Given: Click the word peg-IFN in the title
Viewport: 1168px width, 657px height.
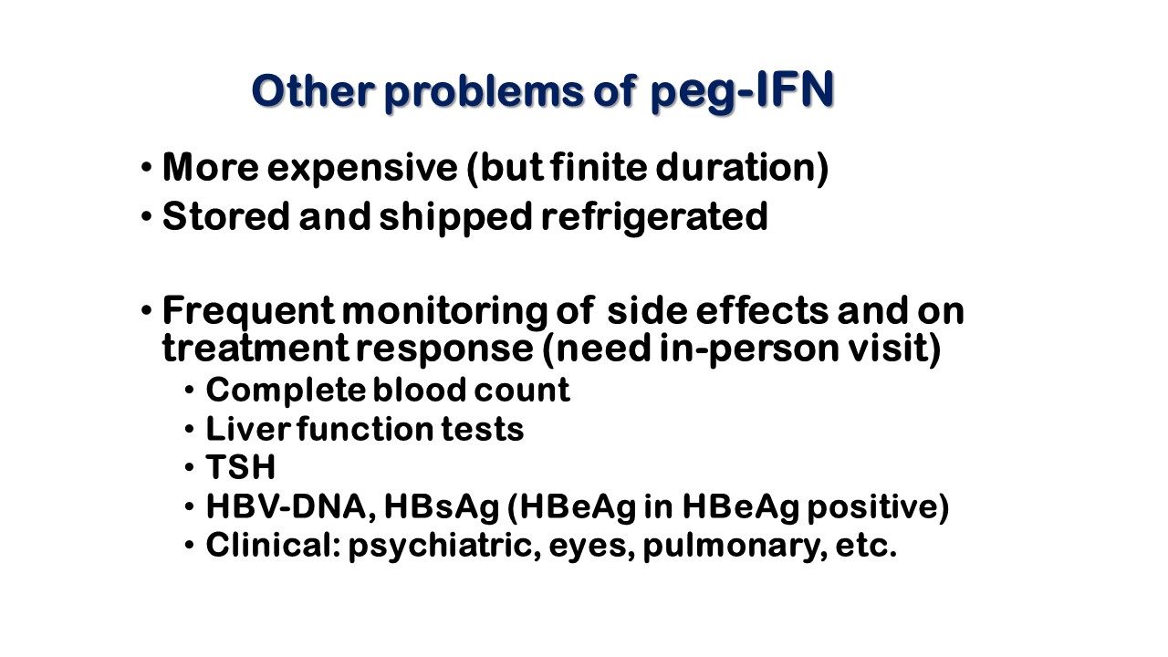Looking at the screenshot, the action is point(743,92).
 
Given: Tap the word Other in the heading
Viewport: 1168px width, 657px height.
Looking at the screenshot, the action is point(313,90).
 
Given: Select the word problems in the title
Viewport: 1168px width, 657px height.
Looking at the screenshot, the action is point(484,92).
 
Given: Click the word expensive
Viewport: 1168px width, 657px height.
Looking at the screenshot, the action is point(362,170).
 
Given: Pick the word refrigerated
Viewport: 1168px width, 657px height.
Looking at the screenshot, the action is point(655,218).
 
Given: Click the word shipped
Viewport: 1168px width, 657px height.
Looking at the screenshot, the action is point(455,218).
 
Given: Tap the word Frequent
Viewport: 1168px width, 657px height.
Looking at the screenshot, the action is point(248,312).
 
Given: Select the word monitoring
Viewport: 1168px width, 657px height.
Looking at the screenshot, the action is point(444,312).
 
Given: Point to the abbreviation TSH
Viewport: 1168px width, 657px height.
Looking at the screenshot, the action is point(240,466).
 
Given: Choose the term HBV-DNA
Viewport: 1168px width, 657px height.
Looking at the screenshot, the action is point(291,506).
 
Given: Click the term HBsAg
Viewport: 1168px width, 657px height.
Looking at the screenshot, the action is point(443,507).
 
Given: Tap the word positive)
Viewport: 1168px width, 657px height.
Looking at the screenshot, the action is point(879,507).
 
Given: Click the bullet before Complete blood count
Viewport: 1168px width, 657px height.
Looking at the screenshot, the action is point(189,390).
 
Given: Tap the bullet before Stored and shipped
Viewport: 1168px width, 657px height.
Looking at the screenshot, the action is point(146,216).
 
